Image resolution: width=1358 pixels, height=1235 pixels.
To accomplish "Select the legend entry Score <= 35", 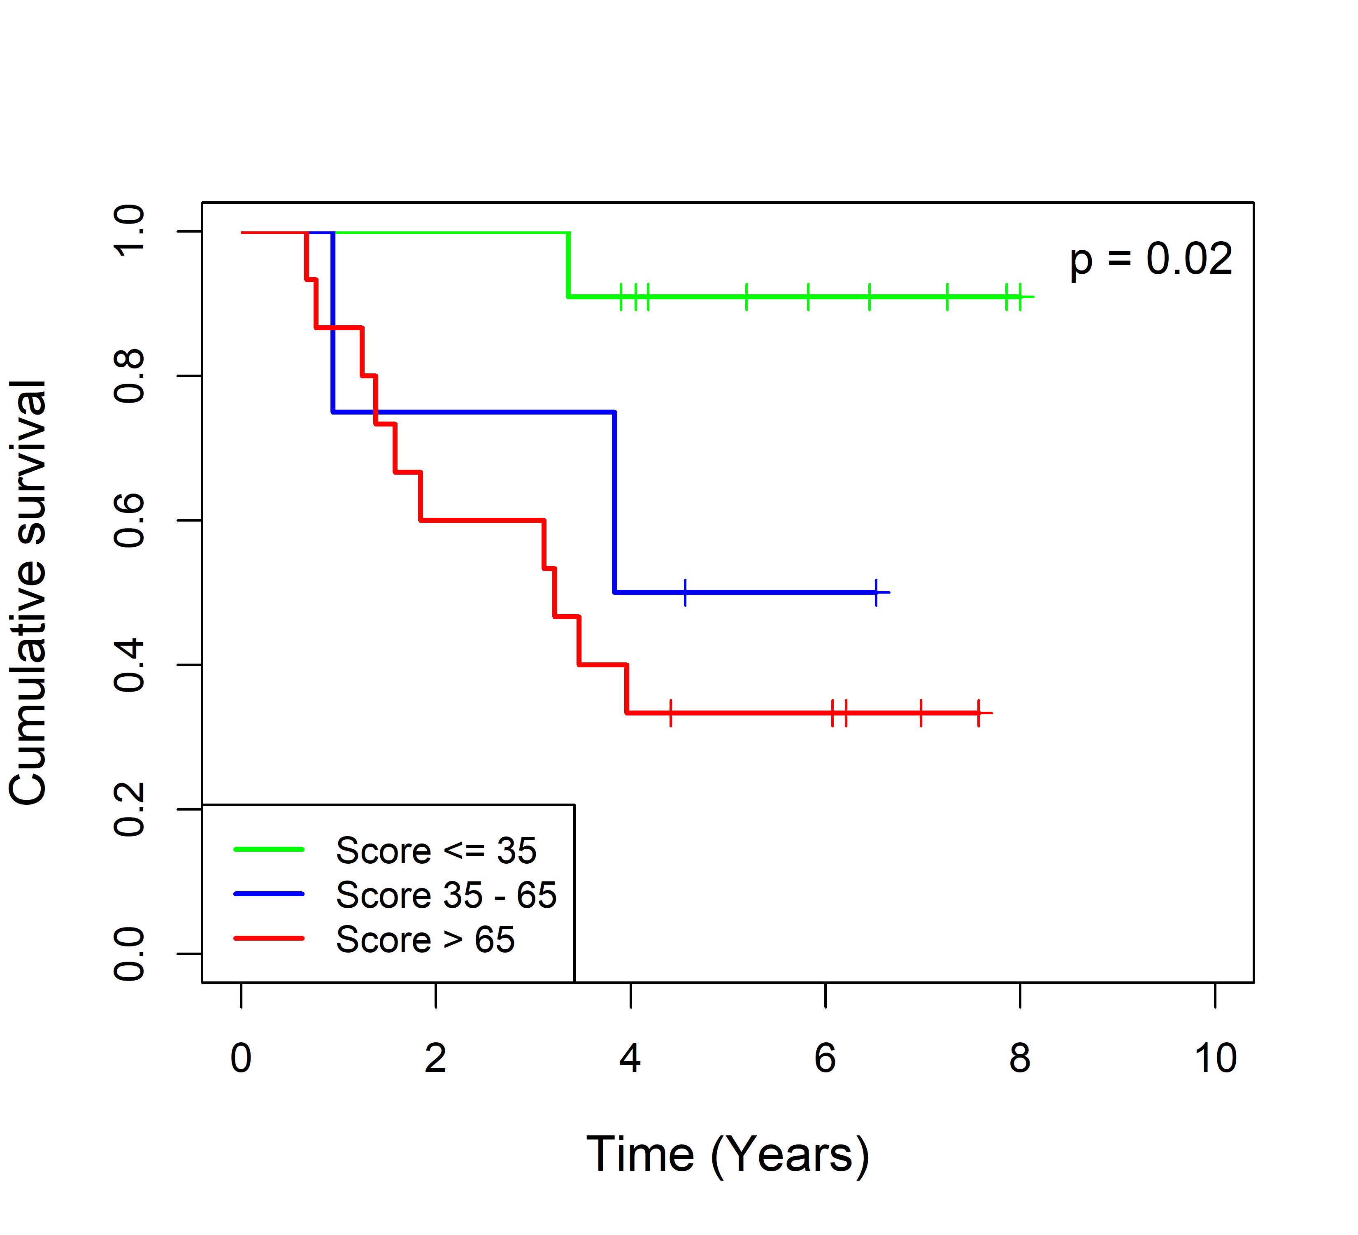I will tap(436, 850).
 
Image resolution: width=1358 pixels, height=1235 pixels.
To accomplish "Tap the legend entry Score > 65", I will tap(425, 939).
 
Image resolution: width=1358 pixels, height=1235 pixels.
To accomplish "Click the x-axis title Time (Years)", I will tap(728, 1155).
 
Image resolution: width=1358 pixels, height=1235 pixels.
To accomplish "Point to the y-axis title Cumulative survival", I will tap(28, 592).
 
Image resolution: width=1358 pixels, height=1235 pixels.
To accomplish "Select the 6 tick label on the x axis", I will tap(825, 1058).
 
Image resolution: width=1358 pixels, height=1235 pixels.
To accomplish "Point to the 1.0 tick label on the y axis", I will tap(129, 232).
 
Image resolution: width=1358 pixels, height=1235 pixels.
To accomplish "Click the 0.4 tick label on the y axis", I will tap(129, 665).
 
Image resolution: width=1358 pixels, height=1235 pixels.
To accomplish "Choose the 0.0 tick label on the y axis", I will tap(129, 953).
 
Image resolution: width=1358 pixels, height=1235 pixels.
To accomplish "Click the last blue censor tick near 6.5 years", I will tap(876, 592).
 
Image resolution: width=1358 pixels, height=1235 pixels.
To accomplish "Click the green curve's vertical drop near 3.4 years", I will tap(569, 265).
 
